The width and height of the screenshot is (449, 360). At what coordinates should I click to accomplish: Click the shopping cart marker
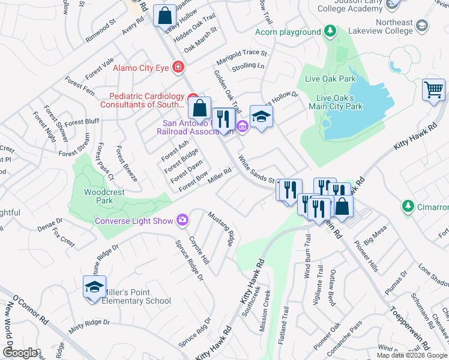pyautogui.click(x=433, y=90)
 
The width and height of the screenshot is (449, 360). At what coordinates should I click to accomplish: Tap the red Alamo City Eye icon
pyautogui.click(x=178, y=67)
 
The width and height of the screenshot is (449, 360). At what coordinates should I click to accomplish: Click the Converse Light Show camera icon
pyautogui.click(x=182, y=220)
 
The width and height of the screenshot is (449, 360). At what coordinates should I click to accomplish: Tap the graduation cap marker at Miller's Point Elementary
pyautogui.click(x=95, y=287)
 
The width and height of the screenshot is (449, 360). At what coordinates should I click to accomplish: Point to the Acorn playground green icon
pyautogui.click(x=329, y=31)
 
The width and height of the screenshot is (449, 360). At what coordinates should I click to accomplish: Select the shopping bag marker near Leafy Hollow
pyautogui.click(x=164, y=16)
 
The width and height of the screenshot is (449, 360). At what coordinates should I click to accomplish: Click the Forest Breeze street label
pyautogui.click(x=126, y=163)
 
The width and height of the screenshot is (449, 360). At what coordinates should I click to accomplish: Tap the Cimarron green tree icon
pyautogui.click(x=408, y=206)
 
